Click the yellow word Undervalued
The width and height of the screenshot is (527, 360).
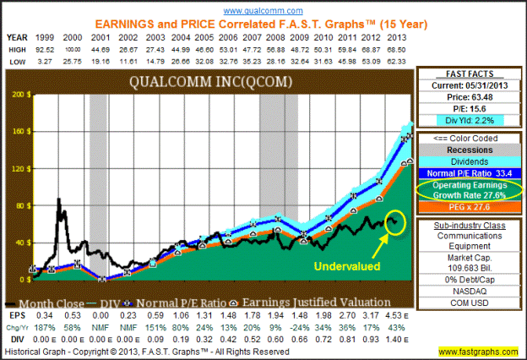344,265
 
